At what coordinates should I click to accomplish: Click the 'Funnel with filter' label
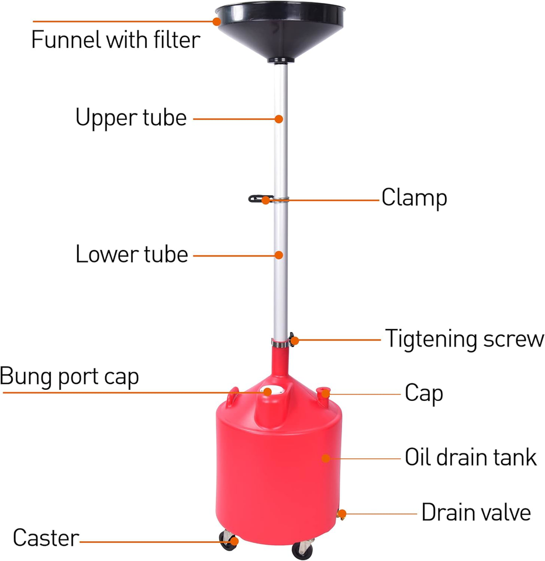click(115, 40)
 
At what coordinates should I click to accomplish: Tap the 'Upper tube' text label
click(131, 117)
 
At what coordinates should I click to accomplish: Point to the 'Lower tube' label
click(132, 255)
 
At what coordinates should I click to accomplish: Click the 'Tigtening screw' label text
click(464, 338)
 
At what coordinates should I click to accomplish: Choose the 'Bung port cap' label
click(70, 377)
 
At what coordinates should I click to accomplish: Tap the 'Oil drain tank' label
click(471, 457)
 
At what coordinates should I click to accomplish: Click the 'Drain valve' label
click(476, 512)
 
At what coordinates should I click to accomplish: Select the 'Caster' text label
click(46, 538)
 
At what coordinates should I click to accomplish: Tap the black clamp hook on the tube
click(256, 199)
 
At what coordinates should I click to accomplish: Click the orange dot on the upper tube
click(280, 119)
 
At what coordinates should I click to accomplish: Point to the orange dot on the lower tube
click(280, 255)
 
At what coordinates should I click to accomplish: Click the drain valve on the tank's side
click(341, 514)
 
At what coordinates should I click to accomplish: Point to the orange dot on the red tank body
click(326, 458)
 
